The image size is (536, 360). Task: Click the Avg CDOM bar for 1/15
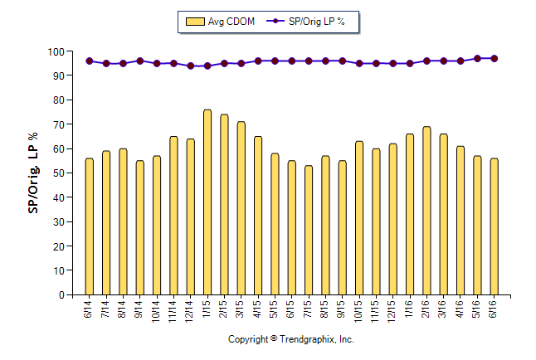point(207,202)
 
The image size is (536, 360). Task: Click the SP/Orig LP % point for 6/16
point(495,58)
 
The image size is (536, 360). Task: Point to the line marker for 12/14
point(190,66)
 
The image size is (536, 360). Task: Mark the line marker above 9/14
point(139,61)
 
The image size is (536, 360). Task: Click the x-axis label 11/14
point(173,310)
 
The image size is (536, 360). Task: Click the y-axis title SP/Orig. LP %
point(33,173)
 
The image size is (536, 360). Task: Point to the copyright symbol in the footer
point(274,339)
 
